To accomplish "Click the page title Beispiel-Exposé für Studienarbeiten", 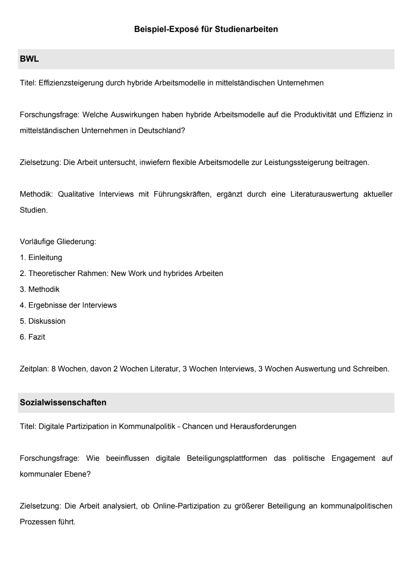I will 206,29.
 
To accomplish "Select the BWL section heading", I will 29,59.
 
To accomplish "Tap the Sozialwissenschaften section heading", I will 63,403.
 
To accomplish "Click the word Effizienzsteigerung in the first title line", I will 71,83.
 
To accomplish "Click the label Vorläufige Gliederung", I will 58,242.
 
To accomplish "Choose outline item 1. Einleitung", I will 41,258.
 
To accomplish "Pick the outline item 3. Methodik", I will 39,289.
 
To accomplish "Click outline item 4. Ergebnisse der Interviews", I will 68,305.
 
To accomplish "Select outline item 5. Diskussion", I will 43,321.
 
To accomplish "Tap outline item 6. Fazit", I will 32,337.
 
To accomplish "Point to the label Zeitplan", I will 34,369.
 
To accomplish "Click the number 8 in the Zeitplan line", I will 53,369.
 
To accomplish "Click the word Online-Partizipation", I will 186,506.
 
